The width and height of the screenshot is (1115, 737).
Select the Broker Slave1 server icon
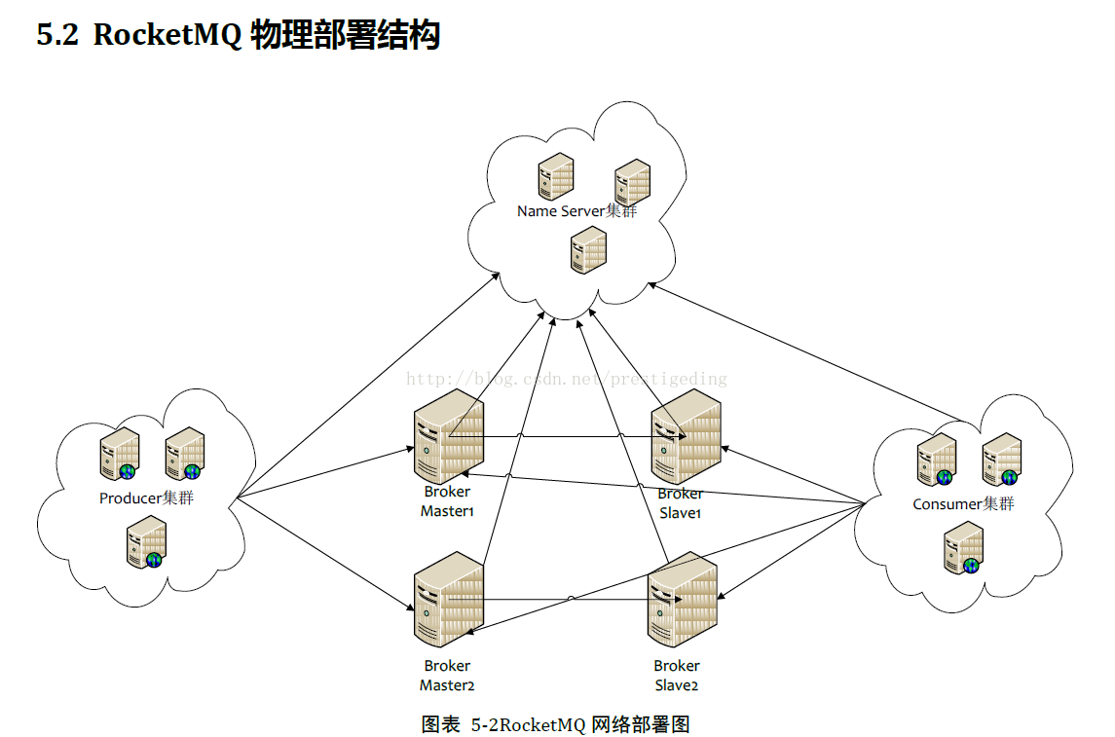tap(686, 431)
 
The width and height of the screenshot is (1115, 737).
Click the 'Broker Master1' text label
tap(447, 501)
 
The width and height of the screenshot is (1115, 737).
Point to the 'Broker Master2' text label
tap(447, 675)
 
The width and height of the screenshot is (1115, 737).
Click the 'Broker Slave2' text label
tap(677, 675)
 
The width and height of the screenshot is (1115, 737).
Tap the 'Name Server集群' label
tap(576, 210)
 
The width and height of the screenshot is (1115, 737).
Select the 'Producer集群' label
tap(145, 498)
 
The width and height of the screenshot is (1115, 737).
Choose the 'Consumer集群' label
tap(963, 503)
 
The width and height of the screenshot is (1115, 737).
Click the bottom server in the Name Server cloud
tap(588, 249)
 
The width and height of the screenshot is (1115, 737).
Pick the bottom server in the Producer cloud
tap(147, 542)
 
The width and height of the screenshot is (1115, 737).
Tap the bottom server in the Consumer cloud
tap(963, 547)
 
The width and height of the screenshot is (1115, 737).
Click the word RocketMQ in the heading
tap(167, 36)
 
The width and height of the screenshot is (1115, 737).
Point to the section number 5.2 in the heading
tap(57, 36)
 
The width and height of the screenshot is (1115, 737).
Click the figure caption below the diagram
tap(555, 724)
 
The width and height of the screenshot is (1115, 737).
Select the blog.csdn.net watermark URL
tap(566, 379)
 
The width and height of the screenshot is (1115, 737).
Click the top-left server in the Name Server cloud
tap(556, 176)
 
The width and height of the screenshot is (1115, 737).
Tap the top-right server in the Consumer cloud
tap(1001, 459)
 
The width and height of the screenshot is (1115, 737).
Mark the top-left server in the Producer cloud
tap(120, 454)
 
